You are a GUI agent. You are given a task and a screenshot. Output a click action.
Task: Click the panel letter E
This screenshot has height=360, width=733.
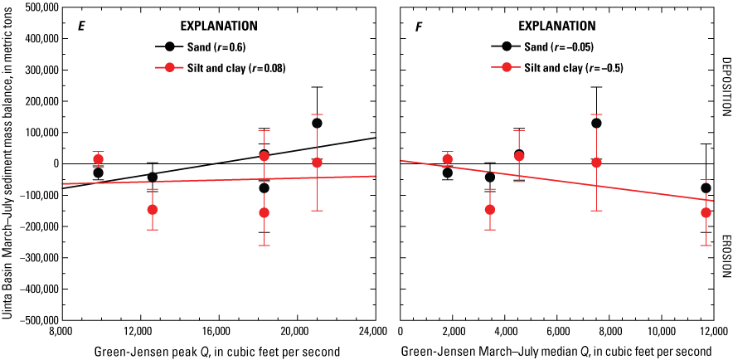(81, 26)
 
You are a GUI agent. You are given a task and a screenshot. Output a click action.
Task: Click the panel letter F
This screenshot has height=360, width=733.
(420, 26)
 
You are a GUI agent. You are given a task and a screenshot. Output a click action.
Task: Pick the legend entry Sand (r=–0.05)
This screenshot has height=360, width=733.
(551, 46)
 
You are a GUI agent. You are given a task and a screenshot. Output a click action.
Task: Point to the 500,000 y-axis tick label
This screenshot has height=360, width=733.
(36, 7)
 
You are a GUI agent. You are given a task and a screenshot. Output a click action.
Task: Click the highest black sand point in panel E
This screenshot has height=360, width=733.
(317, 123)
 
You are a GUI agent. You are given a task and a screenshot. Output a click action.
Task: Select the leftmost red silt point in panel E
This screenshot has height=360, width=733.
(99, 159)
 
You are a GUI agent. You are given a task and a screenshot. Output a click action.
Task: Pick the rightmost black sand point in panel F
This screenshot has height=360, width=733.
(706, 188)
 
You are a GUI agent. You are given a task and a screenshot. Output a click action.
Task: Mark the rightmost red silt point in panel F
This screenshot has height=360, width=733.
(706, 212)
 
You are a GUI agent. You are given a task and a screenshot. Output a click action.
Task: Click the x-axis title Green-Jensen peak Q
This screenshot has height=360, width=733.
(216, 351)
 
